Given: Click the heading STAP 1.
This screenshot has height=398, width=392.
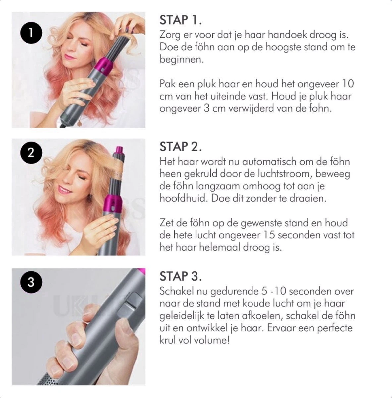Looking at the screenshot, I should point(181,20).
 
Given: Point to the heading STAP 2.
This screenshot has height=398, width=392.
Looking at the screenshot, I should point(181,146).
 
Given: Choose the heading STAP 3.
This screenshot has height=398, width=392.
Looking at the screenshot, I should point(181,276).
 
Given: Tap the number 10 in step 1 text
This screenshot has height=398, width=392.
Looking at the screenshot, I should point(347,83).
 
